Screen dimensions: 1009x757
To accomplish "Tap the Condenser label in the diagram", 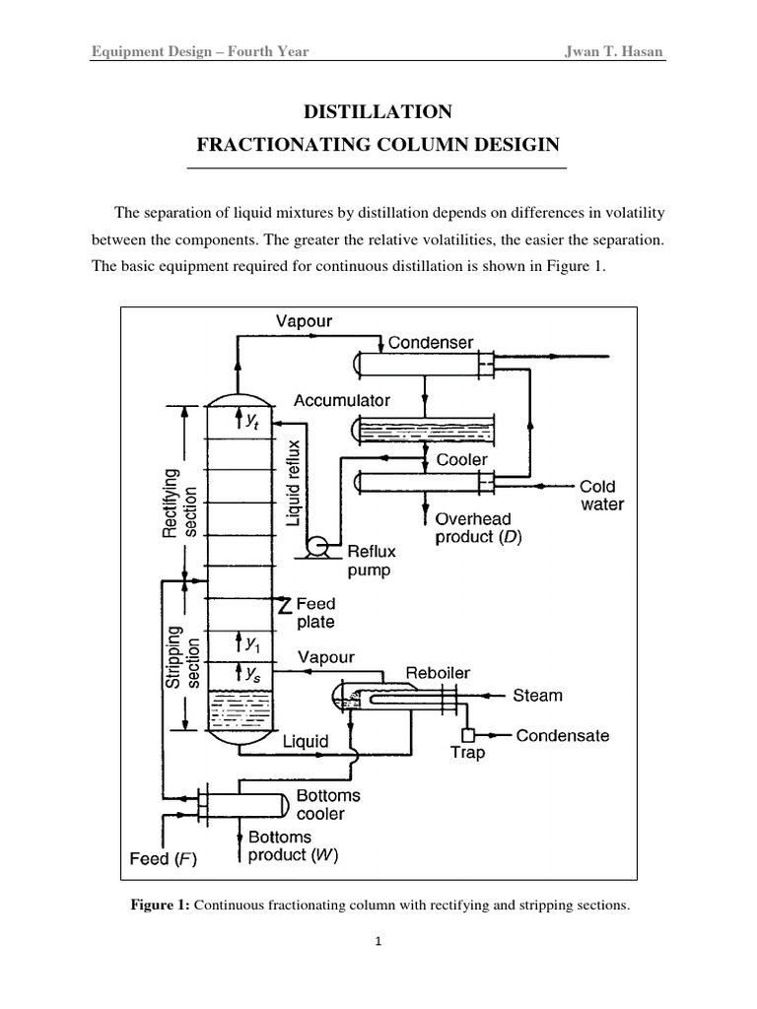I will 430,343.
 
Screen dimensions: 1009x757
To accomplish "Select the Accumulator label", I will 342,401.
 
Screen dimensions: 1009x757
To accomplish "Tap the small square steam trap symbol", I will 468,735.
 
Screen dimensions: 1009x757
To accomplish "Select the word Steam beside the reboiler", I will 537,696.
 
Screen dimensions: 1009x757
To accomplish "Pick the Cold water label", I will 601,495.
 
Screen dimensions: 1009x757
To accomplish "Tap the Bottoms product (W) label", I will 293,846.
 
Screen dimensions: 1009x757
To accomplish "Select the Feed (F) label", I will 165,858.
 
